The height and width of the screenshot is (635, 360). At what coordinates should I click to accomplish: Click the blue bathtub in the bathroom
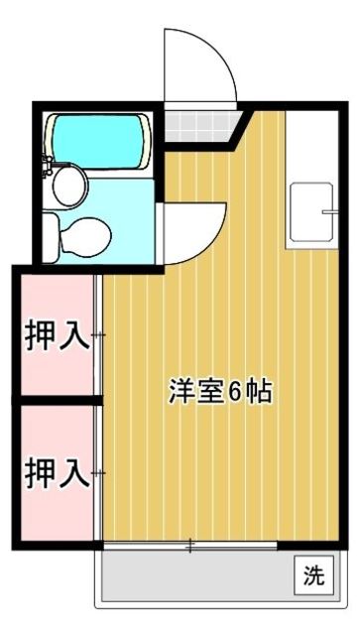click(99, 139)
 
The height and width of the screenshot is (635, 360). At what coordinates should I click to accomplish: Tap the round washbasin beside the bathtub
click(70, 185)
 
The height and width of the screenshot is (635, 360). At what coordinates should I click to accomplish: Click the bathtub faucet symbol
click(49, 163)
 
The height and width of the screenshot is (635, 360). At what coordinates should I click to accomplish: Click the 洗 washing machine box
click(313, 573)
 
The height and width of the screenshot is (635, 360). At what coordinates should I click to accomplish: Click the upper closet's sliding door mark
click(98, 336)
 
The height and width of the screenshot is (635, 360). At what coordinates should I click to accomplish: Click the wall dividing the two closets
click(57, 400)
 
